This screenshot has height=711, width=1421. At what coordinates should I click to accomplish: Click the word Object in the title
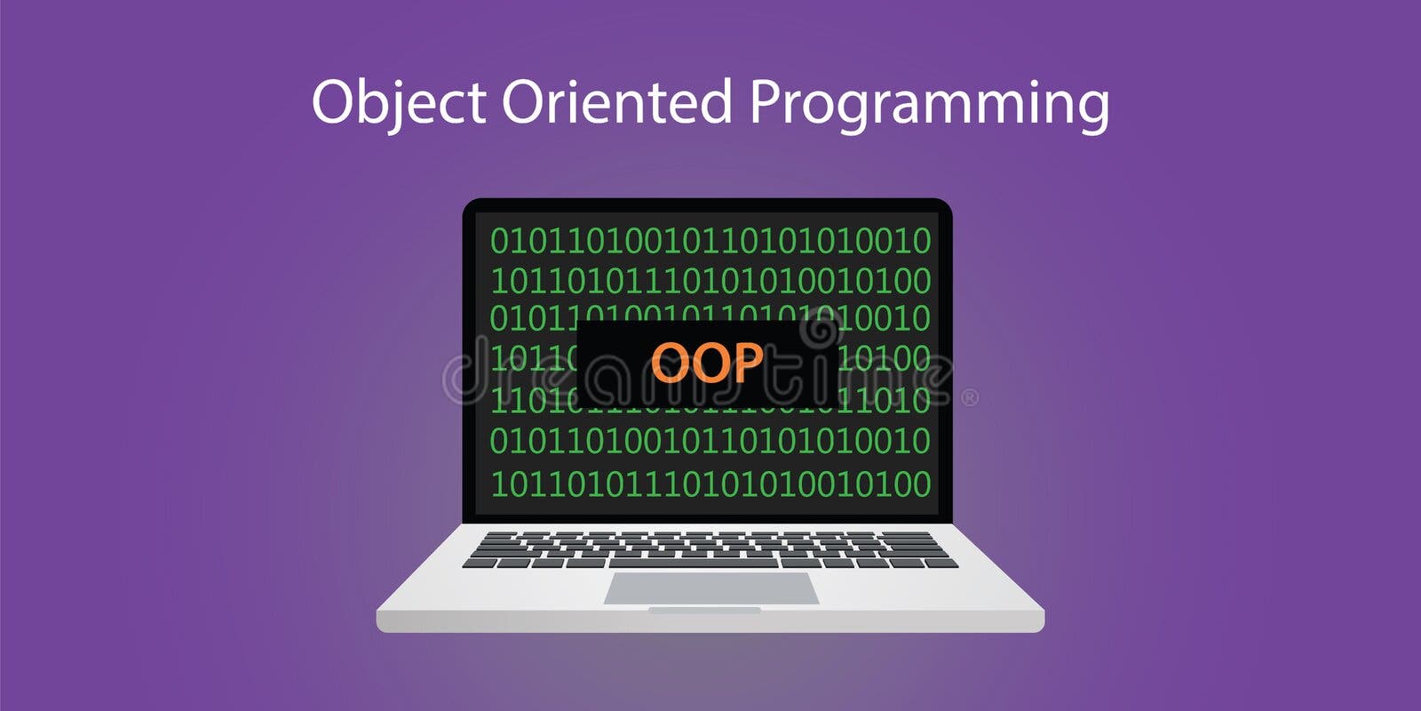[398, 102]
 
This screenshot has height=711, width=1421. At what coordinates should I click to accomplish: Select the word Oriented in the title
[616, 102]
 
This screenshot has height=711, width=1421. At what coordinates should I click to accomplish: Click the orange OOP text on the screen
[707, 362]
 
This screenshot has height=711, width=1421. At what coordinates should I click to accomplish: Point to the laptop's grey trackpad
[710, 588]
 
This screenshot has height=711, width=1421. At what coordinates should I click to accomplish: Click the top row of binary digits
[710, 241]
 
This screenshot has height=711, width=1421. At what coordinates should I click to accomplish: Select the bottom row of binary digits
[710, 484]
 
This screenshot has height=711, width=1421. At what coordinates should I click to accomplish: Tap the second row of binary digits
[710, 282]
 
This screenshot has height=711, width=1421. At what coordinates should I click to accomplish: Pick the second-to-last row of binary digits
[710, 442]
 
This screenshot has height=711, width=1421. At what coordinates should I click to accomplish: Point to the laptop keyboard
[710, 549]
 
